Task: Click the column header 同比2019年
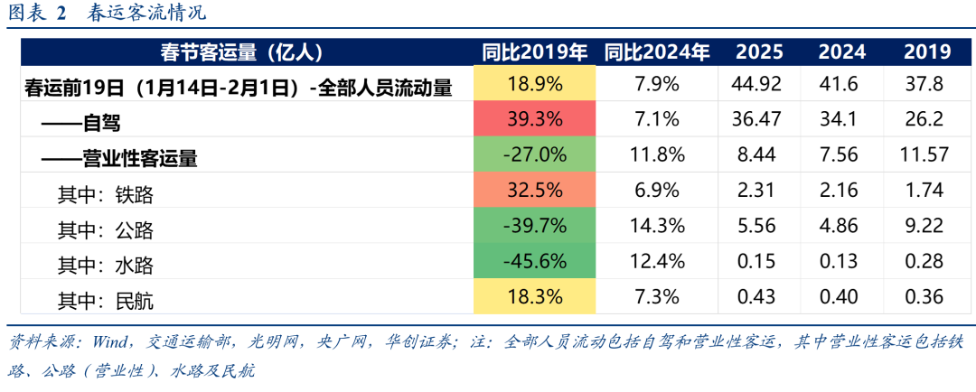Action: click(535, 52)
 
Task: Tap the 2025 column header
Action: click(758, 52)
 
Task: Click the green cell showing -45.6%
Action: click(535, 262)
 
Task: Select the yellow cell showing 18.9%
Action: click(535, 86)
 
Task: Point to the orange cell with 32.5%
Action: click(535, 191)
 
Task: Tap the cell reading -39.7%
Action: click(535, 227)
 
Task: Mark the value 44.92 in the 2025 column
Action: click(758, 86)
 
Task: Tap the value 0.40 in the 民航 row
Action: click(841, 297)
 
